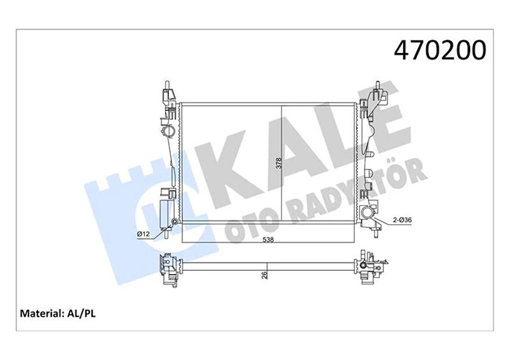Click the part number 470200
coord(440,51)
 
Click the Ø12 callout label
coord(143,234)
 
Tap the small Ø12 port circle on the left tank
coord(174,222)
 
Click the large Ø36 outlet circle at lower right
coord(365,213)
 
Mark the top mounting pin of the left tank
coord(166,84)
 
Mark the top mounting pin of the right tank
coord(377,85)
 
